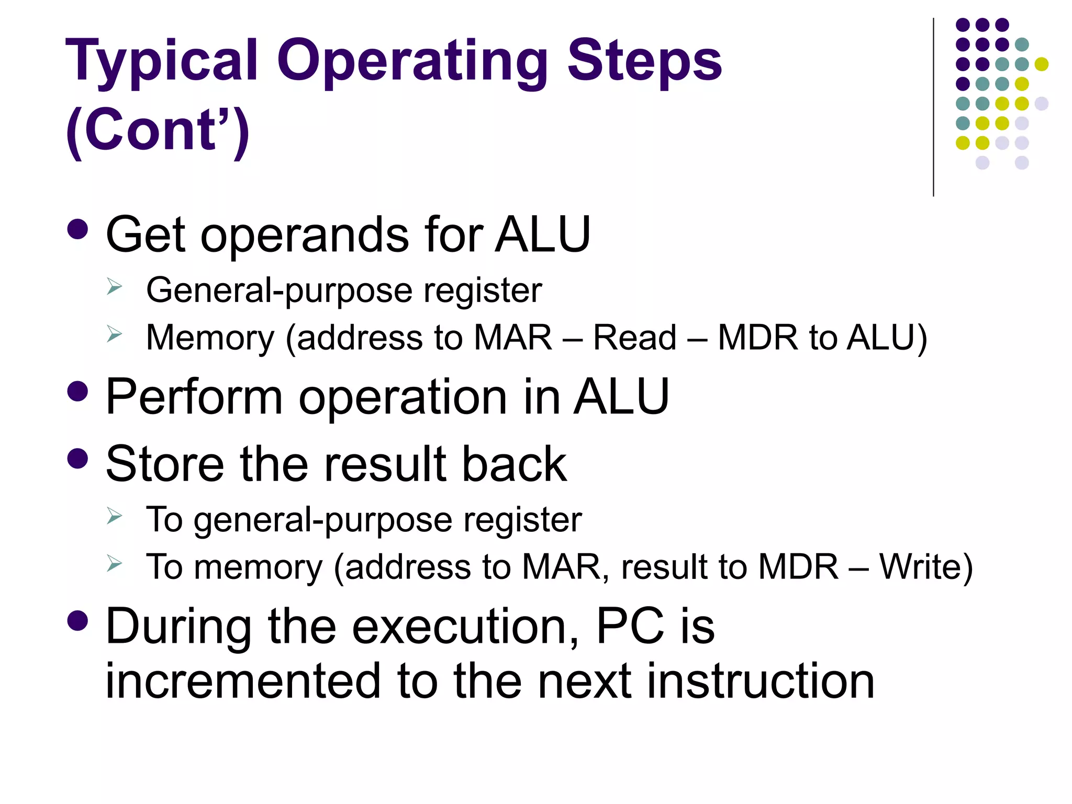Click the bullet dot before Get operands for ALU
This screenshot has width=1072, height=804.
coord(78,229)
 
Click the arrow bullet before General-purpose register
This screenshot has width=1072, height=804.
coord(114,287)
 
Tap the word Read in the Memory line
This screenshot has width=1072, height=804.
coord(634,337)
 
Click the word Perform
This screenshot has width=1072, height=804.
coord(194,398)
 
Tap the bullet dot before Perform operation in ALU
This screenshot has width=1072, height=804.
coord(78,391)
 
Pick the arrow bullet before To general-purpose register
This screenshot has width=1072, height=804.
coord(114,516)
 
